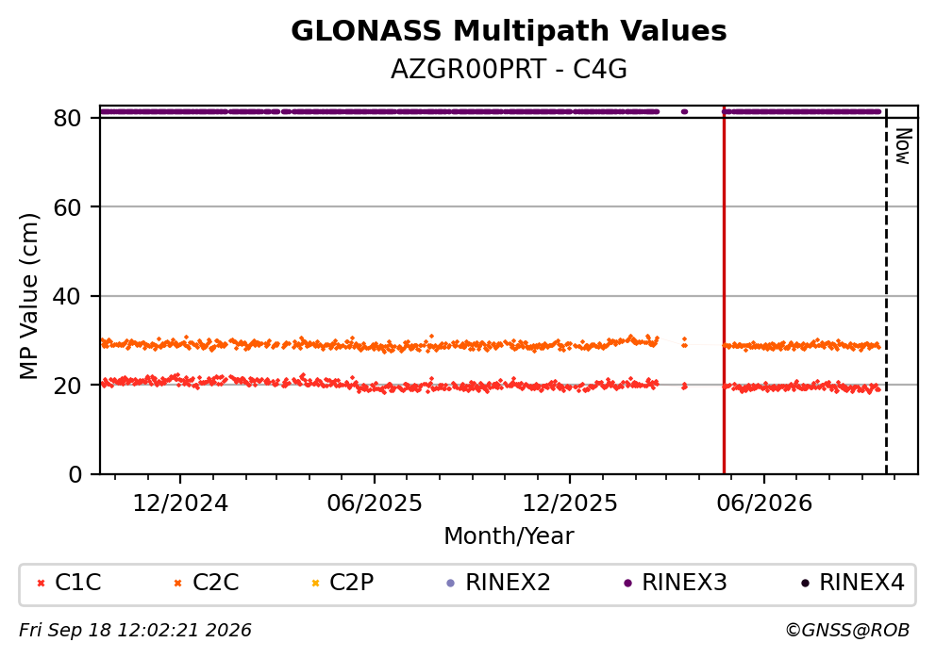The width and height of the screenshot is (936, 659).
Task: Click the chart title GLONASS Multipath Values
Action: point(509,31)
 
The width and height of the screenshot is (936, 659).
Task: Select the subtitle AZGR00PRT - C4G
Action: point(509,70)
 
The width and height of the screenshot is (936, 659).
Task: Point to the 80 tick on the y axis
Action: point(67,118)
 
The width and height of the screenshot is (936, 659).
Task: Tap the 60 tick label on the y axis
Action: point(67,207)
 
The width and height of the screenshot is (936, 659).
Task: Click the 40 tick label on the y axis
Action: point(67,296)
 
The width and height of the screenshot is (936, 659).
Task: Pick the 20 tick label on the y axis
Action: point(67,386)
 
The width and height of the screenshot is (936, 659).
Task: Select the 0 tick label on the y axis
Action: point(75,475)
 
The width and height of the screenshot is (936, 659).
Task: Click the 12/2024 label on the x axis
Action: point(180,503)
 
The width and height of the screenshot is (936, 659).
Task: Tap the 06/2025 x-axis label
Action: point(375,503)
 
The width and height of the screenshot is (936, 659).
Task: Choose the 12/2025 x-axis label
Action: point(570,503)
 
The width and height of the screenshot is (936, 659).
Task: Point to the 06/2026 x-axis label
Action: point(764,503)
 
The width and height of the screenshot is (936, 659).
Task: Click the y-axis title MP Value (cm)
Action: point(28,296)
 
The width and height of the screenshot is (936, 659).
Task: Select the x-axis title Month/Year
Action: point(509,536)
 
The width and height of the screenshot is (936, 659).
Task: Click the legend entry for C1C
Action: point(69,583)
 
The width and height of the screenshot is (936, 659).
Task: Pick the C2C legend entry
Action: point(206,583)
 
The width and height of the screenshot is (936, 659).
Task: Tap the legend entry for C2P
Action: point(343,583)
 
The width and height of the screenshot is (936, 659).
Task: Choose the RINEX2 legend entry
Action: point(498,583)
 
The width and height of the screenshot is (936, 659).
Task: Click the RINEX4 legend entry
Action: point(852,583)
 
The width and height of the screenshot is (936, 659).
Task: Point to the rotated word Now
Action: point(904,146)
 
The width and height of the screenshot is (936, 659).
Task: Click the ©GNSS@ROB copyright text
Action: point(847,630)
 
